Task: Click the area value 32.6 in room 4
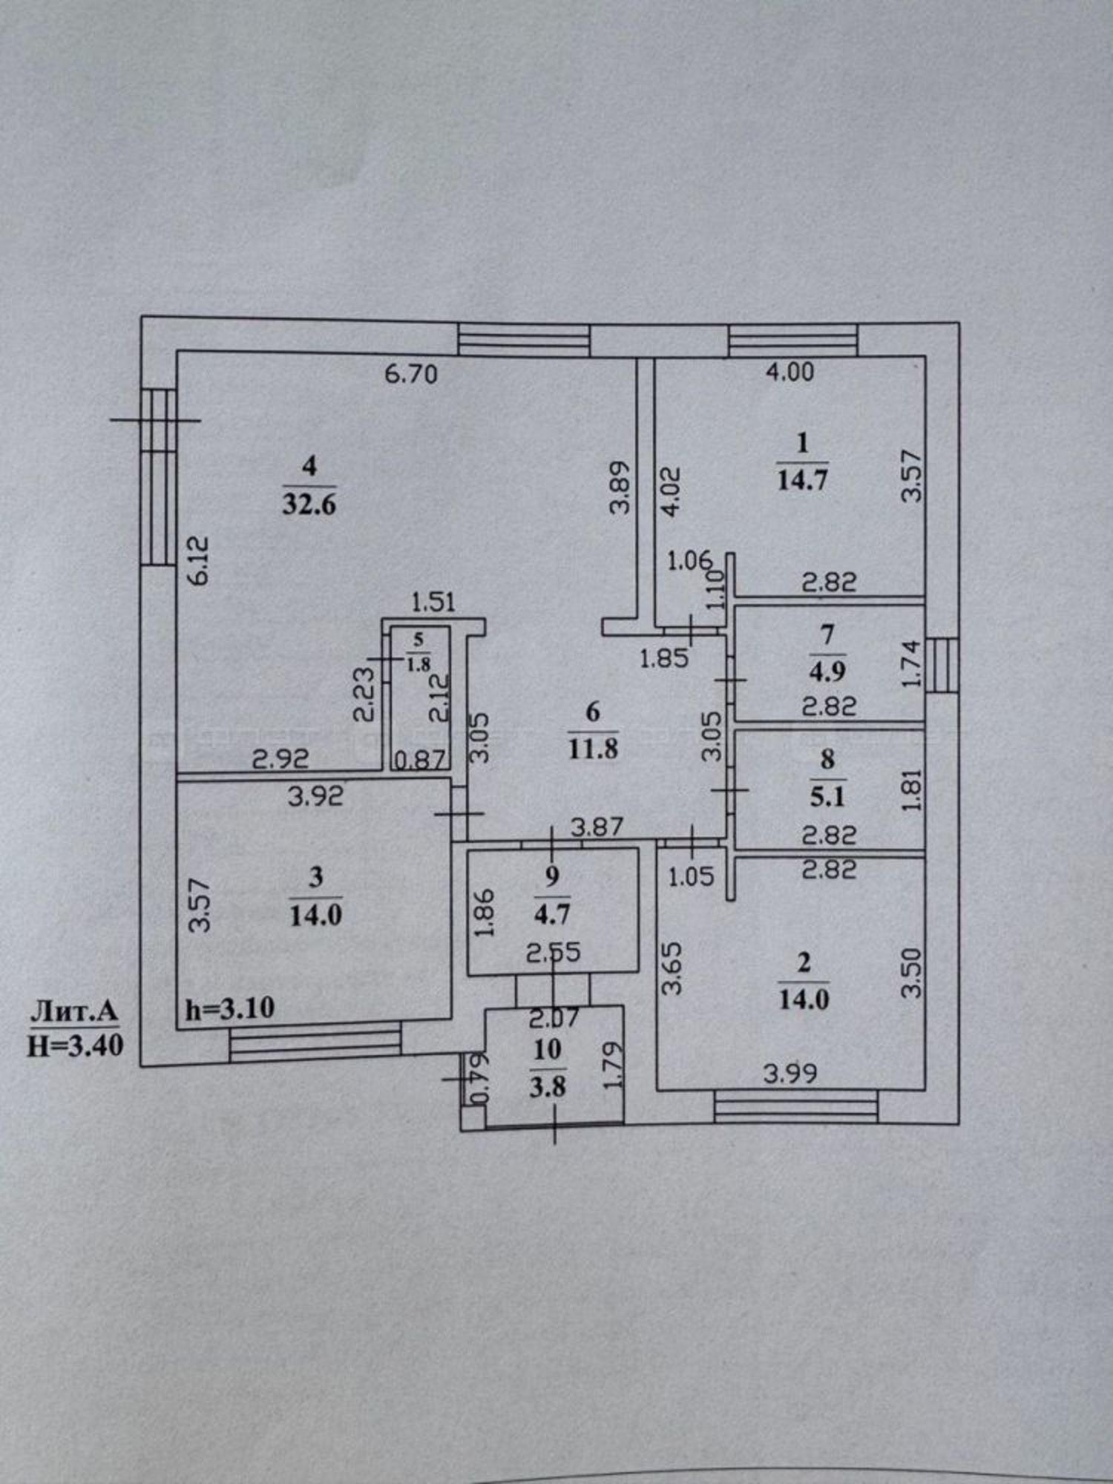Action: click(x=309, y=505)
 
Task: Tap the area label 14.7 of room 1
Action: click(x=802, y=479)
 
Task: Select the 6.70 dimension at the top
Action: click(x=411, y=373)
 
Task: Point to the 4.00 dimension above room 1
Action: click(x=789, y=371)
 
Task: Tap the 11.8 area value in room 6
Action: click(x=593, y=748)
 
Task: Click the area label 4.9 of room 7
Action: click(x=828, y=672)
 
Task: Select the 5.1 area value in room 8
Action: click(x=827, y=797)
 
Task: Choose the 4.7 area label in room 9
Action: click(x=552, y=913)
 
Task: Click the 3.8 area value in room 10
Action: click(x=548, y=1087)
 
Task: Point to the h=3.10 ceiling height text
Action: click(x=230, y=1008)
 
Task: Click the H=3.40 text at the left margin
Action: click(x=75, y=1045)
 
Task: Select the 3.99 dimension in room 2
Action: click(x=790, y=1073)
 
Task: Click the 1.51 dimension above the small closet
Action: click(x=433, y=601)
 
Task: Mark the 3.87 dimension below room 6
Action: click(x=597, y=826)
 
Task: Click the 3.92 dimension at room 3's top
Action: click(x=316, y=796)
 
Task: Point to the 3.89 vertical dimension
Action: click(x=620, y=487)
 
